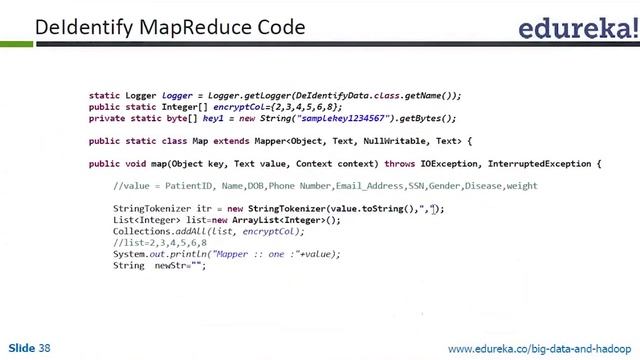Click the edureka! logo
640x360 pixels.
tap(576, 30)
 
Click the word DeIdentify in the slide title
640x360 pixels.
tap(77, 27)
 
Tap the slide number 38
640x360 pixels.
tap(44, 348)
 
